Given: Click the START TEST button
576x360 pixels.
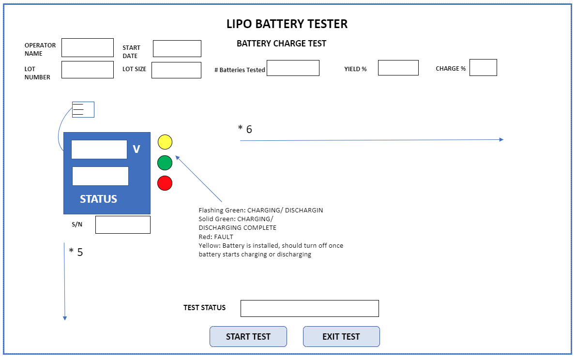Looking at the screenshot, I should (x=248, y=337).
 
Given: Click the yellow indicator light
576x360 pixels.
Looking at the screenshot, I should (x=165, y=142).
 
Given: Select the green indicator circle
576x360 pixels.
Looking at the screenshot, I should (x=165, y=163).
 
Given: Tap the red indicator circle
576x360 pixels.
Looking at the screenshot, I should (x=165, y=183).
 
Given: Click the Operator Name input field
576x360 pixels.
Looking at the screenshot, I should (x=88, y=48).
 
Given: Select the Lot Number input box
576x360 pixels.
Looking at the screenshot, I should (x=88, y=70).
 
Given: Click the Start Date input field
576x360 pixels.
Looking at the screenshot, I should (x=177, y=49).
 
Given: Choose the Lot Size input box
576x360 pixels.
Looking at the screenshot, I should (x=176, y=70).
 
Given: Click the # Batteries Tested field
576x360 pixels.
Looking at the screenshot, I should (x=293, y=68).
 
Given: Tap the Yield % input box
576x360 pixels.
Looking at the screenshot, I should (x=398, y=68).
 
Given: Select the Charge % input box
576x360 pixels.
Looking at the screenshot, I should (x=483, y=68).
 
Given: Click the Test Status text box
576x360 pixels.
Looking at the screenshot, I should (x=309, y=308).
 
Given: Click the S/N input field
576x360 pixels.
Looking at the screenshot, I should (x=123, y=225).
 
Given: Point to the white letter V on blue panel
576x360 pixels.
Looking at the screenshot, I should (x=136, y=150).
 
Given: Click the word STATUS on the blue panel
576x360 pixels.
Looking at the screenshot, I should (x=98, y=199).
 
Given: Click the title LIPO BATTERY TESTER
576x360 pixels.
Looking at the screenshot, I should (x=287, y=24).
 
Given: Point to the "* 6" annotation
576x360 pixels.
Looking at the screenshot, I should (x=245, y=129).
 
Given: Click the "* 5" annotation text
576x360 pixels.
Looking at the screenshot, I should (x=76, y=252).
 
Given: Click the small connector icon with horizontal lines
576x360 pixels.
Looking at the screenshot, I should (x=83, y=110).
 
